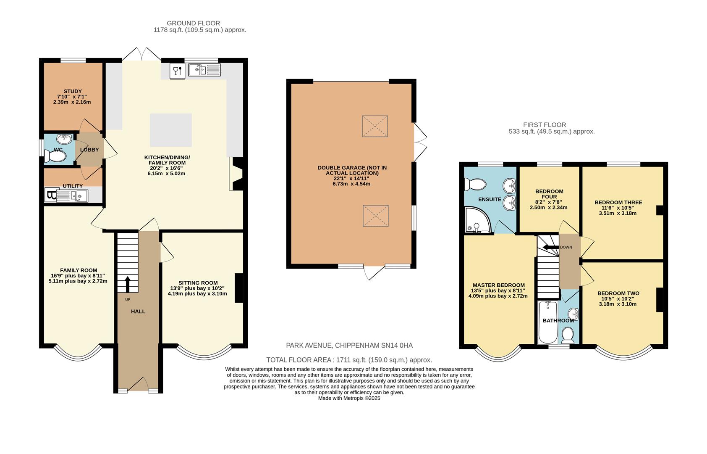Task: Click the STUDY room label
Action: [x=73, y=91]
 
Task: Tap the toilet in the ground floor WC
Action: [x=56, y=157]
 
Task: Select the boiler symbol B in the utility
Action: [x=51, y=195]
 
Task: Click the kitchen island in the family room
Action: [x=171, y=129]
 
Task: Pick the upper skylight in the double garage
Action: [x=374, y=126]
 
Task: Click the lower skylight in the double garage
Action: [x=375, y=216]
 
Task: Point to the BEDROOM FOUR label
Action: [x=549, y=194]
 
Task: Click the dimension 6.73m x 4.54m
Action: [x=351, y=184]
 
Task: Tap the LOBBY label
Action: [x=89, y=150]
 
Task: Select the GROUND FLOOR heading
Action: [x=193, y=23]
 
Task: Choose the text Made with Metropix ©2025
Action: [x=349, y=398]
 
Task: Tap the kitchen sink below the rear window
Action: [x=204, y=70]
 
